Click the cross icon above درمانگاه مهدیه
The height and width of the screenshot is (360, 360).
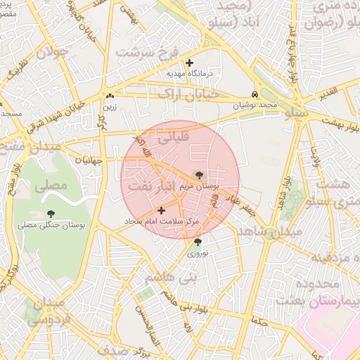pos(189,63)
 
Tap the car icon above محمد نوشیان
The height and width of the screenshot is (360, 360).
pos(255,95)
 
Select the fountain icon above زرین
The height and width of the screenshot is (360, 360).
pos(109,96)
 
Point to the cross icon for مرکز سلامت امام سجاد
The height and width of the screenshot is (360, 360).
pos(162,210)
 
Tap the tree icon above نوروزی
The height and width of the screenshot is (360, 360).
pos(197,243)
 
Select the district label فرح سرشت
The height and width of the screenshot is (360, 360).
pos(149,53)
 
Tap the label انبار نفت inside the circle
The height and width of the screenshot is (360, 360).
pos(152,186)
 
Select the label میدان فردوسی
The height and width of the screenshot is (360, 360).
pos(47,311)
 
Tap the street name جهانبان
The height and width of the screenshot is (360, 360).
pos(87,160)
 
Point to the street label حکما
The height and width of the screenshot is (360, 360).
pos(258,322)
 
